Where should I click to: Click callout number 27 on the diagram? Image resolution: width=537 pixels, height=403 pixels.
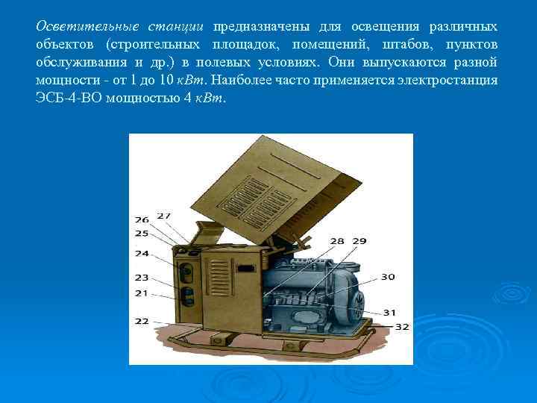pyautogui.click(x=163, y=216)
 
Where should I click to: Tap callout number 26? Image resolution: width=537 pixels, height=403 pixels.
pyautogui.click(x=142, y=220)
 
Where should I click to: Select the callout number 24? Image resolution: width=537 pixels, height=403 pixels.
pyautogui.click(x=142, y=253)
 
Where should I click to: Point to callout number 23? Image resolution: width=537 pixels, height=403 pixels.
pyautogui.click(x=142, y=278)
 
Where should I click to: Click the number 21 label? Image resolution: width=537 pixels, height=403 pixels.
pyautogui.click(x=142, y=293)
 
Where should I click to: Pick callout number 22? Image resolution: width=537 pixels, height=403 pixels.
pyautogui.click(x=142, y=321)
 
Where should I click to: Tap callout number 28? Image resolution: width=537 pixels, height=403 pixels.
pyautogui.click(x=337, y=241)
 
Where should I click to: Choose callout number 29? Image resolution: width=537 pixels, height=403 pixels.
pyautogui.click(x=359, y=241)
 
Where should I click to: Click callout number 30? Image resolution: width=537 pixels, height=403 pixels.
pyautogui.click(x=388, y=277)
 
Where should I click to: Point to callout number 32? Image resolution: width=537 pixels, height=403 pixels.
pyautogui.click(x=402, y=326)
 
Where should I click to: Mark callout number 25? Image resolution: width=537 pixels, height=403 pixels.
pyautogui.click(x=142, y=234)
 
